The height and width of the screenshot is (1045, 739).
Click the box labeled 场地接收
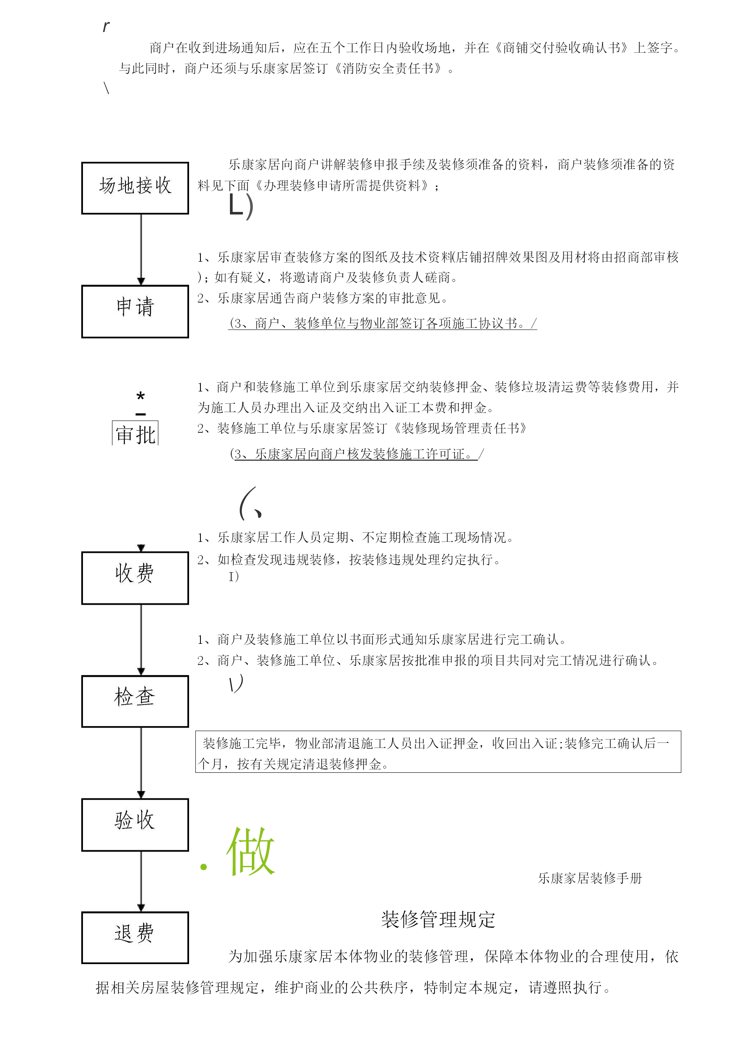[135, 188]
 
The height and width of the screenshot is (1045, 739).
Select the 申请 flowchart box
[135, 311]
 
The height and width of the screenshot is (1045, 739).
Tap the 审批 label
[135, 434]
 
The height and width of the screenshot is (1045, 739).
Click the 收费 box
[135, 578]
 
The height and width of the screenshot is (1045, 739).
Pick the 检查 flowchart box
[135, 701]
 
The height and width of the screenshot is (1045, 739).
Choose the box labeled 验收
[135, 825]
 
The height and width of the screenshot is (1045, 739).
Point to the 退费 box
[135, 938]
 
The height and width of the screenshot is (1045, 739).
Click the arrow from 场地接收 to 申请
[141, 249]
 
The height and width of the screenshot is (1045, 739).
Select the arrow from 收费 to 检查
[141, 640]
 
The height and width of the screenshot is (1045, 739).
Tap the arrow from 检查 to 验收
[141, 763]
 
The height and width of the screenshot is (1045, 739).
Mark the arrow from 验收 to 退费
[141, 881]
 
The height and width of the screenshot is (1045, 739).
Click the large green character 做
[250, 851]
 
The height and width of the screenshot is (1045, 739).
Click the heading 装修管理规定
[438, 919]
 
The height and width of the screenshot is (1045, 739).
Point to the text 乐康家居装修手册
[590, 878]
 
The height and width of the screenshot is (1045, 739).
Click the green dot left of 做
[203, 867]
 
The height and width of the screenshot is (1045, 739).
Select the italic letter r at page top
[106, 27]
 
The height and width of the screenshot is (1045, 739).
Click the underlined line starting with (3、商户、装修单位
[382, 323]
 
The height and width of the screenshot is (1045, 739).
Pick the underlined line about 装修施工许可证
[356, 454]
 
